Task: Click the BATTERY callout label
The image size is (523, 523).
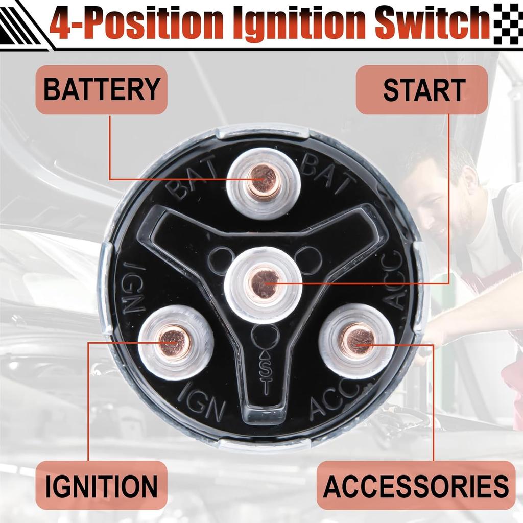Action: point(101,90)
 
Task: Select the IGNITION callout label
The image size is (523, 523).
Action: point(101,485)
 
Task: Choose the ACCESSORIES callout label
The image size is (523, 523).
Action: point(416,485)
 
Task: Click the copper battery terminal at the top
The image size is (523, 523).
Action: point(263,180)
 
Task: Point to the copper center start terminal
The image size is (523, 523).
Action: point(264,284)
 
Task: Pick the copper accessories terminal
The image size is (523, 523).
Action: point(356,340)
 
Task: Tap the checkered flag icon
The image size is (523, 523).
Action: point(508,23)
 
